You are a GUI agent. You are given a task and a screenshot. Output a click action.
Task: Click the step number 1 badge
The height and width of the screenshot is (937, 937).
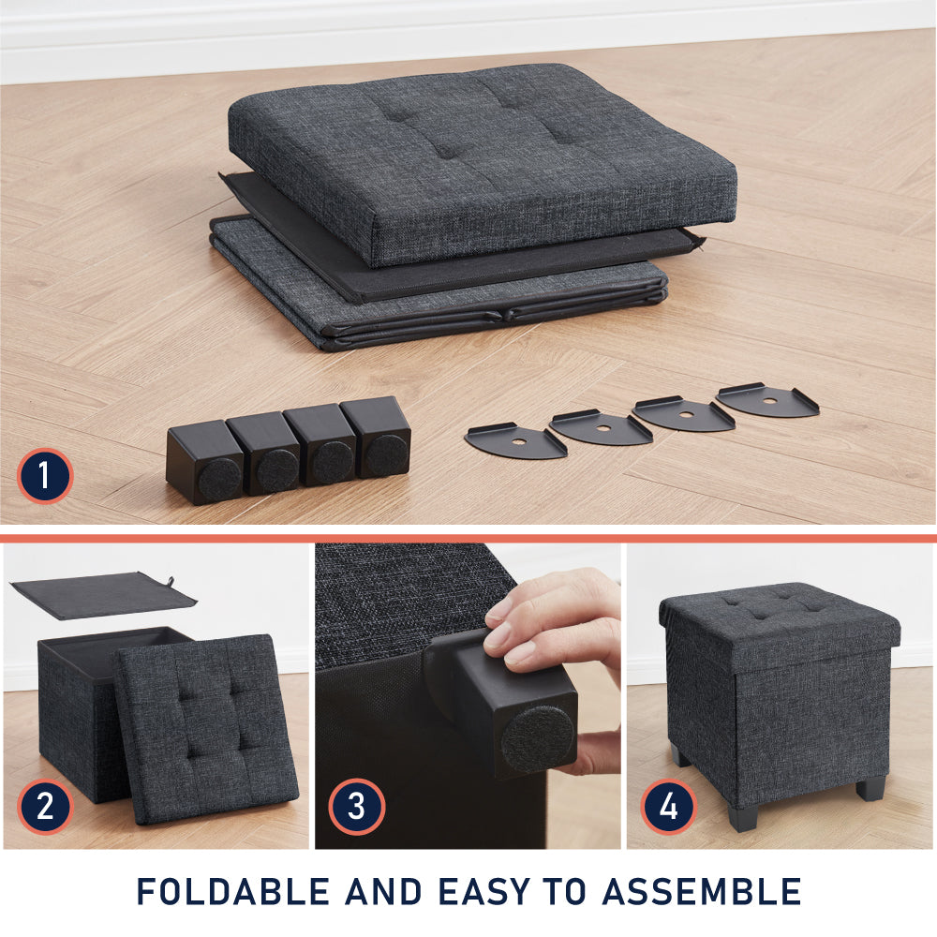click(45, 476)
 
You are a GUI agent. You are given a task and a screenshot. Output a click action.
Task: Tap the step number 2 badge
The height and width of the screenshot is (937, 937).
click(45, 806)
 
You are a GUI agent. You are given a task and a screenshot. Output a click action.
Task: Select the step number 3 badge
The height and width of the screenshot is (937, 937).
click(356, 806)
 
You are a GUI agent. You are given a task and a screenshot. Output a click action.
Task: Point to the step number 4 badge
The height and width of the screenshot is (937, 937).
click(669, 806)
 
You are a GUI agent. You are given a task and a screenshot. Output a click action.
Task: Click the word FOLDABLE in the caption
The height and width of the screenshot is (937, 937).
click(233, 892)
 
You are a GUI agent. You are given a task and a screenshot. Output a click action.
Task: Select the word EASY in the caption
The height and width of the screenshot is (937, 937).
click(484, 892)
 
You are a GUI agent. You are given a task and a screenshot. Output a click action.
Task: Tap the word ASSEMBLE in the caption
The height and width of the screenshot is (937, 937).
click(702, 892)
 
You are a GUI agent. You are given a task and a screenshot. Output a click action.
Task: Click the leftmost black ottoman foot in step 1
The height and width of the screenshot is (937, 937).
click(206, 462)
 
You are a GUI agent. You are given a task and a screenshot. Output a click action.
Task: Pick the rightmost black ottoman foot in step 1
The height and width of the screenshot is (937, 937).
click(377, 437)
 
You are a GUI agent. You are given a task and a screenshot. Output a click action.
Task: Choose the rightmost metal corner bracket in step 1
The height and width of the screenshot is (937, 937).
click(767, 400)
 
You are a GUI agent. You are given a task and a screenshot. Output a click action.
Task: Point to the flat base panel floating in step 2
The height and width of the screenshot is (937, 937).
click(103, 595)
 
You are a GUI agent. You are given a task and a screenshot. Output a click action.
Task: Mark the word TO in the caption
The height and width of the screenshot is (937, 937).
click(566, 892)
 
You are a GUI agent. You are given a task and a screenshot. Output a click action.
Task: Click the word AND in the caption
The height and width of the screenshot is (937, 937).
click(383, 892)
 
